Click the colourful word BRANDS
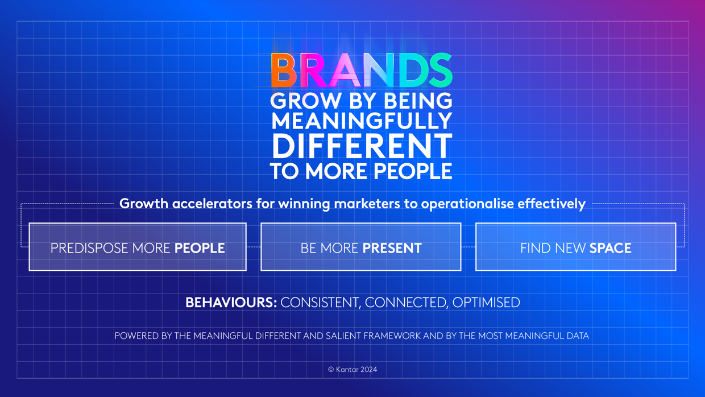click(x=362, y=71)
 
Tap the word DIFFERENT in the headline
click(x=362, y=146)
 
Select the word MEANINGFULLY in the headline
click(x=362, y=121)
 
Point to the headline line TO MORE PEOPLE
click(x=362, y=171)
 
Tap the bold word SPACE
click(x=610, y=248)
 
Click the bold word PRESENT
click(x=392, y=248)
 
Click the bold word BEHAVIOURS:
click(x=231, y=302)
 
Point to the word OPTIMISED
click(x=486, y=302)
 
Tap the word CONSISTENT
click(x=320, y=302)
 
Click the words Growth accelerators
click(x=186, y=204)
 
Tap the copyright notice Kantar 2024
click(x=353, y=369)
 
